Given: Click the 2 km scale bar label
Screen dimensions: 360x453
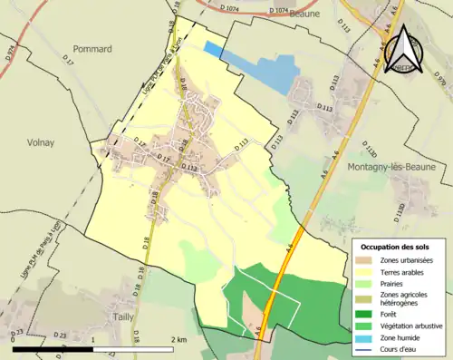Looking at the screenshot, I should click(x=179, y=339).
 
